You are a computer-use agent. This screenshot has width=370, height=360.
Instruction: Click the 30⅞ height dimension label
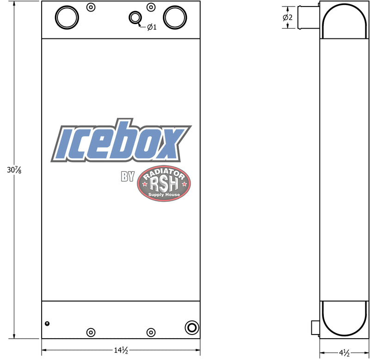pos(14,170)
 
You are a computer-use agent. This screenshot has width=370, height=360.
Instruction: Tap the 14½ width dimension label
pos(121,350)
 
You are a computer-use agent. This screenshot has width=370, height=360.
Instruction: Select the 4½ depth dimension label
pos(344,353)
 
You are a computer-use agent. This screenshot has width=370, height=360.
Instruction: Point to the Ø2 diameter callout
pos(288,17)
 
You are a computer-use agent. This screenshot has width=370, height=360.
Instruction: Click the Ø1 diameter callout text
pos(152,27)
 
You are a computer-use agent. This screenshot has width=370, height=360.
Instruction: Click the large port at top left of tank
pos(67,18)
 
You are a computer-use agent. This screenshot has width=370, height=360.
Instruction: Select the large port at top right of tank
pos(175,18)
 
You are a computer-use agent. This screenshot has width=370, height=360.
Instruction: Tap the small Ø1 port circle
pos(135,18)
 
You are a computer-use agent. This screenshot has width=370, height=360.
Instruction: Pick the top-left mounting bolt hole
pos(91,7)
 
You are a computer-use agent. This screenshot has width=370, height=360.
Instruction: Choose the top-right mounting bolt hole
pos(151,7)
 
